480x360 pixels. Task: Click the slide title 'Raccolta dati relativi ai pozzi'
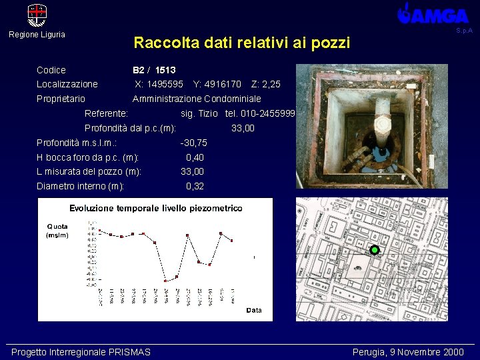(241, 43)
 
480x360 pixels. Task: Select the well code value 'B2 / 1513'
(154, 70)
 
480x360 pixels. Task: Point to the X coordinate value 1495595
(159, 85)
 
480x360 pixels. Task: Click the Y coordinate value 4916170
(217, 85)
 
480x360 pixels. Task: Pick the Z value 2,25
(266, 85)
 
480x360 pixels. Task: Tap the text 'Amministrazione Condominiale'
(197, 99)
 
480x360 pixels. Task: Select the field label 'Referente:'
(107, 113)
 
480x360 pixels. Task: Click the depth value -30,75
(194, 143)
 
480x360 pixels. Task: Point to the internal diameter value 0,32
(195, 186)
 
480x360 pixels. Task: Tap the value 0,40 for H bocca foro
(195, 157)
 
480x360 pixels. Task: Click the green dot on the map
(375, 250)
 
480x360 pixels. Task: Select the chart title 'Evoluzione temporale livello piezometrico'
(156, 208)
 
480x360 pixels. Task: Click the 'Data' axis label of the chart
(254, 310)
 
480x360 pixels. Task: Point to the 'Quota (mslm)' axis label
(57, 230)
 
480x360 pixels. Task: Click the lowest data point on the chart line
(165, 281)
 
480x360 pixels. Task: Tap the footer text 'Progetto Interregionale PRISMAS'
(81, 352)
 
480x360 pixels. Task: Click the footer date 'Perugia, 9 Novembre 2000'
(408, 352)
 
